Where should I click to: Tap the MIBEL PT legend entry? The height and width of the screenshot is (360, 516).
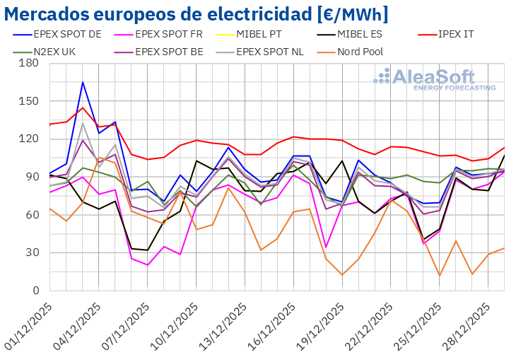coord(276,33)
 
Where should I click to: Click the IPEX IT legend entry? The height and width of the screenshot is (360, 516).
coord(463,33)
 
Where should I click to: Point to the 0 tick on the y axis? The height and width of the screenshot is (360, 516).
coord(35,291)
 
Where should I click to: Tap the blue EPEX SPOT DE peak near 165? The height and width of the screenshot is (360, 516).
coord(83,82)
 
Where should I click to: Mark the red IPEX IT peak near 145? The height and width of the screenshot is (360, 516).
coord(83,108)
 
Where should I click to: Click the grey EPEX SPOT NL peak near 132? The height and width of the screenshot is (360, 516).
coord(83,124)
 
